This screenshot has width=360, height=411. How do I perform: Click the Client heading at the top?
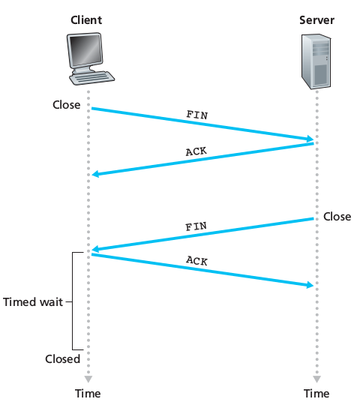pyautogui.click(x=87, y=19)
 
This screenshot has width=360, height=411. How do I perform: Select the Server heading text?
pyautogui.click(x=316, y=19)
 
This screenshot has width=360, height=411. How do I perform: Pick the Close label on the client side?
pyautogui.click(x=66, y=105)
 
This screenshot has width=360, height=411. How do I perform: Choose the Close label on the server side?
pyautogui.click(x=337, y=217)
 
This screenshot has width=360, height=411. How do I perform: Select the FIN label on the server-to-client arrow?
pyautogui.click(x=196, y=226)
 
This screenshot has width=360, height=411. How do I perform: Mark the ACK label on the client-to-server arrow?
pyautogui.click(x=196, y=261)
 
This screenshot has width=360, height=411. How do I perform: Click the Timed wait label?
pyautogui.click(x=32, y=302)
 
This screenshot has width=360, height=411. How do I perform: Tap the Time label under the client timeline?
pyautogui.click(x=87, y=394)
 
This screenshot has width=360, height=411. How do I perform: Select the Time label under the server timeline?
pyautogui.click(x=316, y=394)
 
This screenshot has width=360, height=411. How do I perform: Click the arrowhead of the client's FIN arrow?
pyautogui.click(x=307, y=139)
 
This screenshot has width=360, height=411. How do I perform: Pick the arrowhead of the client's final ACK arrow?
pyautogui.click(x=307, y=284)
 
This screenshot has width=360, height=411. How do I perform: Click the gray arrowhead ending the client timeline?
pyautogui.click(x=88, y=379)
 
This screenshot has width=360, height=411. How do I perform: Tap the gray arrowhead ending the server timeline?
pyautogui.click(x=316, y=379)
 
